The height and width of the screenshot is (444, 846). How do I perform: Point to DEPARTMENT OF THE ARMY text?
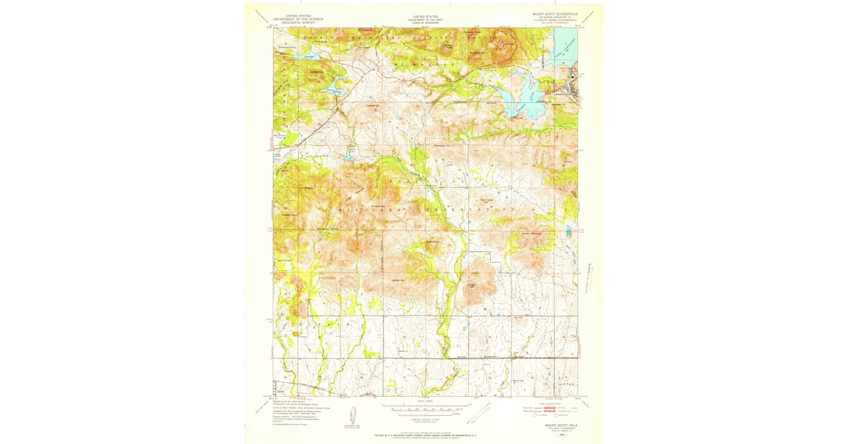tap(424, 18)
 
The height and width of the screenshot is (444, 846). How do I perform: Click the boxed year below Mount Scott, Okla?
tap(563, 434)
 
